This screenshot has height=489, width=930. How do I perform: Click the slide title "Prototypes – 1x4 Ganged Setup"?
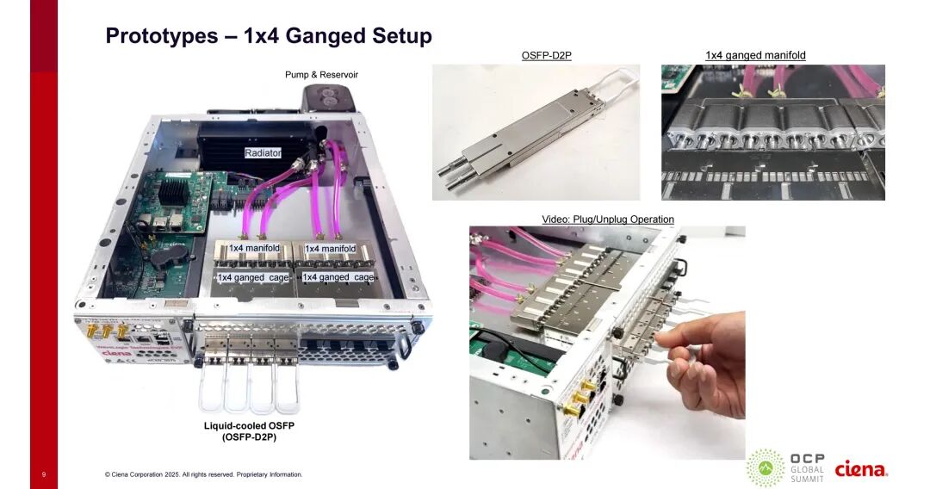pos(268,36)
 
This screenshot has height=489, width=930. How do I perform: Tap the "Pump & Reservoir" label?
pos(321,75)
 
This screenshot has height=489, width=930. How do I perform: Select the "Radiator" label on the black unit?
pos(263,153)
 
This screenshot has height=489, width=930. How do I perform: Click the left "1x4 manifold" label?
pos(254,248)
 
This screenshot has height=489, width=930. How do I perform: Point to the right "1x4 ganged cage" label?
pos(338,277)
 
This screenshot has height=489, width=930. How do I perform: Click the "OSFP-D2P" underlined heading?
pos(546,56)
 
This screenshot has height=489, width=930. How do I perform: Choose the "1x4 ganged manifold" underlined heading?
pos(755,56)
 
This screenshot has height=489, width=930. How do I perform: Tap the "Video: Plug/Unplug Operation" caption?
pos(607,220)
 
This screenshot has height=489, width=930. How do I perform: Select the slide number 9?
pos(43,474)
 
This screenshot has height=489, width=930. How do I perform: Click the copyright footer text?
pos(203,474)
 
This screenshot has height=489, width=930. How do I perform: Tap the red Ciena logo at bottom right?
pos(861,469)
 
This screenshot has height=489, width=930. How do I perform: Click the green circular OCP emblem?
pos(764,467)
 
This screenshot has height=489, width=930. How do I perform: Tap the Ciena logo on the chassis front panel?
pos(116,352)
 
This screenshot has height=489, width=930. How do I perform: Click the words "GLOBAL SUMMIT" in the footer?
pos(808,474)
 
